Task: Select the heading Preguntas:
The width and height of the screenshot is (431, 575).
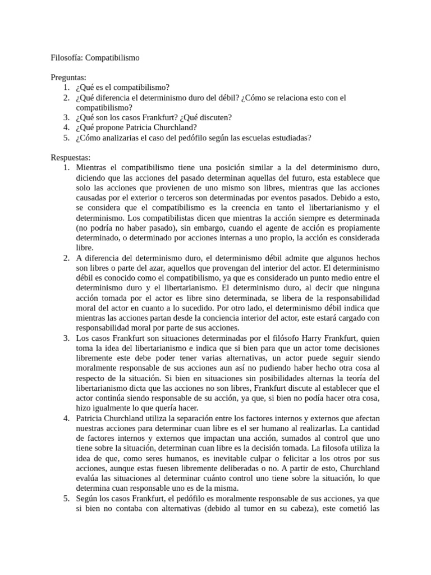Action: [x=70, y=77]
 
